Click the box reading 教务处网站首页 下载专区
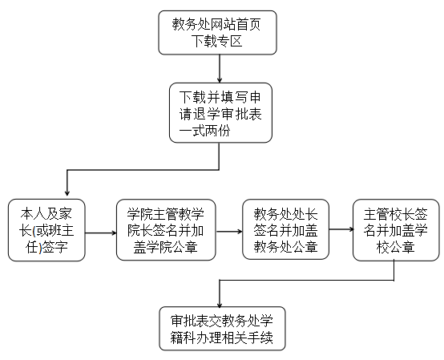pos(217,33)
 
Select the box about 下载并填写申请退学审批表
pos(220,113)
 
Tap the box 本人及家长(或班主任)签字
pos(46,230)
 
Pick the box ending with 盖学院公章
pos(166,229)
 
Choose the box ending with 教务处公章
pos(285,229)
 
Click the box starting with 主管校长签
pos(396,229)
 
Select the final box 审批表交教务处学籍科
pos(222,329)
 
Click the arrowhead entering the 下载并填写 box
pos(220,80)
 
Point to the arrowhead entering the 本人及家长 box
pos(67,193)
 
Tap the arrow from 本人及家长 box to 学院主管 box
pos(101,233)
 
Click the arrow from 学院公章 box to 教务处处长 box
pos(229,232)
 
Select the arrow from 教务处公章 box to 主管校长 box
pos(341,229)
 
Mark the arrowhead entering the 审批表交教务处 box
pos(220,305)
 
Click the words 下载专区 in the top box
pos(217,41)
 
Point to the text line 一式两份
pos(204,131)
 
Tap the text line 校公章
pos(396,247)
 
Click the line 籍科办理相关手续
pos(222,338)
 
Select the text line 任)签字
pos(46,247)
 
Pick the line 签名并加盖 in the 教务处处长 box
pos(285,230)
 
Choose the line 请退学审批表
pos(220,114)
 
